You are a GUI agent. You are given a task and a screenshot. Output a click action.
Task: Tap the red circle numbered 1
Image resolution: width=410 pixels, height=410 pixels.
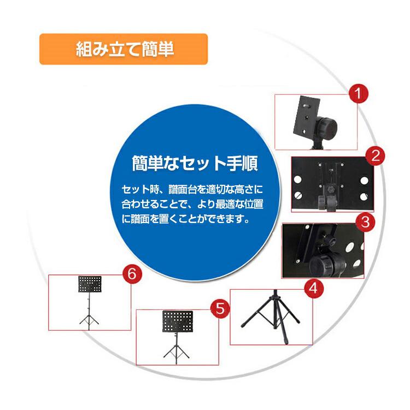pos(358,93)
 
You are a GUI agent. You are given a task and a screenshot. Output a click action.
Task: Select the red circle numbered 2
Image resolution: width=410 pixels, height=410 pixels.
pos(375,156)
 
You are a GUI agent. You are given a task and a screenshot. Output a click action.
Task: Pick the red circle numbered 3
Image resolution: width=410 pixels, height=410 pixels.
pos(365,222)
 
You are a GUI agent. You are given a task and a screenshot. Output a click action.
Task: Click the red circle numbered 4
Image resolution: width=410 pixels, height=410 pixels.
pos(312,288)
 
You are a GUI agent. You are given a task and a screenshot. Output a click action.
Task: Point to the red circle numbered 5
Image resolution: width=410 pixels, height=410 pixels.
pos(219,308)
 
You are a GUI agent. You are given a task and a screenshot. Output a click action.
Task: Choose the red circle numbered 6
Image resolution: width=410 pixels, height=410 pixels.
pos(131,273)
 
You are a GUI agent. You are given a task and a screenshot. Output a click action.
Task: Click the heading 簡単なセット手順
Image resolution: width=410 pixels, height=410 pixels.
pos(195,163)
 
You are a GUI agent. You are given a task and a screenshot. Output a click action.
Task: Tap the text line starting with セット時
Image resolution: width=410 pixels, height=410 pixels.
pos(192,190)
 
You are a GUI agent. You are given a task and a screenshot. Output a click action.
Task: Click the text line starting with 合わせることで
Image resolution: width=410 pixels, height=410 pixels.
pos(192,206)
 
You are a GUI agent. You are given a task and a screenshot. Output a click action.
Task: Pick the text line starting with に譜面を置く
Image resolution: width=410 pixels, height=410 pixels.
pos(185,221)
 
